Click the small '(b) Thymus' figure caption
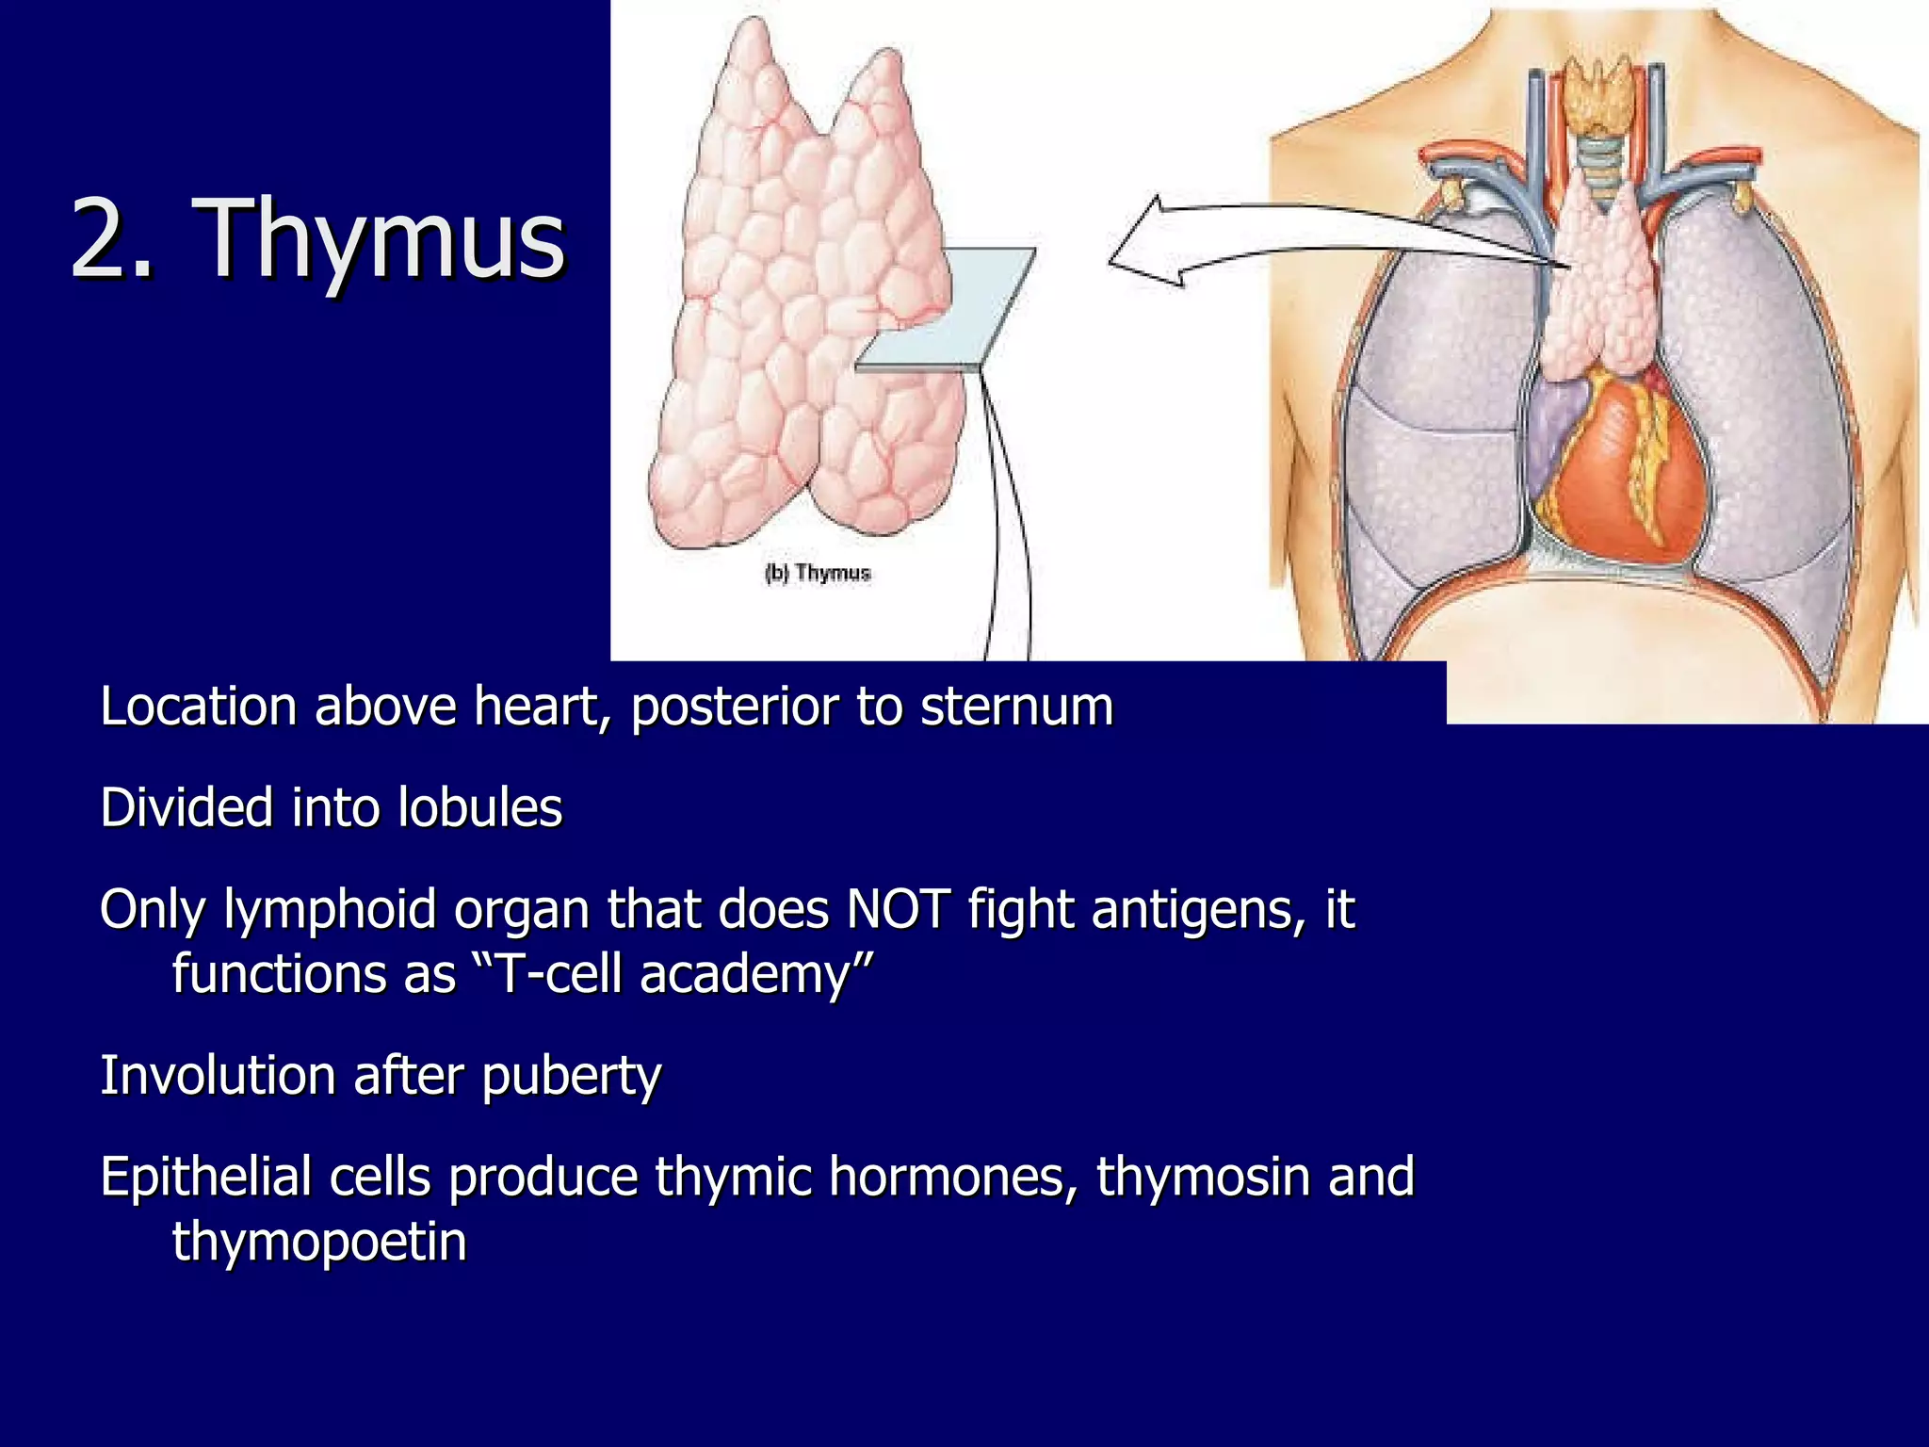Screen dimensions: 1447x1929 818,573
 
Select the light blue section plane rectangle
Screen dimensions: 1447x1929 947,309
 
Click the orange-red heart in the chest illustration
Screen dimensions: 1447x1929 1601,471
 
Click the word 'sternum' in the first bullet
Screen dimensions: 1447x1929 1016,707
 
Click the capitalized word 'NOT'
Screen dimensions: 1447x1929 899,910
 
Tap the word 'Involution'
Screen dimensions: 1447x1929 218,1076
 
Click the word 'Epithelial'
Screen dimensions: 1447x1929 205,1178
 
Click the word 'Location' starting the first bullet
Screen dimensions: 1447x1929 199,707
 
